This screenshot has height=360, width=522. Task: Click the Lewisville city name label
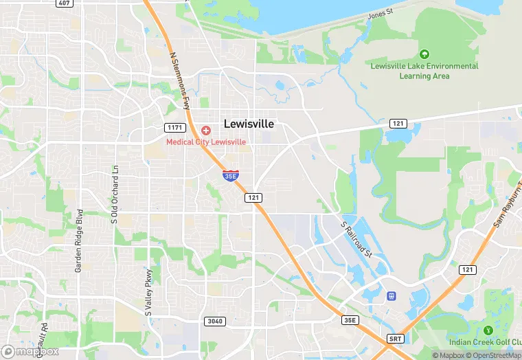point(249,124)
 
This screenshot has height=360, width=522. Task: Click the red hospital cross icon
point(206,131)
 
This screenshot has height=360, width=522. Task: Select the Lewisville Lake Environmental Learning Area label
point(424,71)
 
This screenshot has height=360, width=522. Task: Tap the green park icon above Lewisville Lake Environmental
point(424,54)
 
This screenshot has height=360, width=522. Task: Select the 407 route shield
point(65,3)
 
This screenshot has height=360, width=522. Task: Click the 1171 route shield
point(174,128)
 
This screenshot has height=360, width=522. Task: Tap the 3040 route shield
point(214,321)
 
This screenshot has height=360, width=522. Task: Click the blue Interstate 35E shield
point(231,176)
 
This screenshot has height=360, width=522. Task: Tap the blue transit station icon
point(391,296)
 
